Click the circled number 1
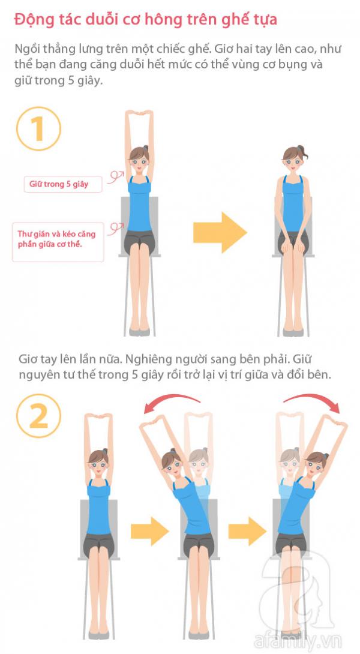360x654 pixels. (x=38, y=128)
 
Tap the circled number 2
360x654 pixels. (x=38, y=416)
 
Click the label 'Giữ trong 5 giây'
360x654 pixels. (x=63, y=184)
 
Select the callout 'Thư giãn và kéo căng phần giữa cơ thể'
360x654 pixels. (x=58, y=242)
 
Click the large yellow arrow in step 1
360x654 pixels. (x=220, y=232)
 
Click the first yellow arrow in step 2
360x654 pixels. (x=150, y=531)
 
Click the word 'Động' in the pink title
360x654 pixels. (x=29, y=20)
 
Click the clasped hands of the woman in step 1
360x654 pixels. (x=139, y=113)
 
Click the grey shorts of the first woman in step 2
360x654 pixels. (x=98, y=544)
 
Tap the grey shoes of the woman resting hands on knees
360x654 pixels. (x=293, y=332)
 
